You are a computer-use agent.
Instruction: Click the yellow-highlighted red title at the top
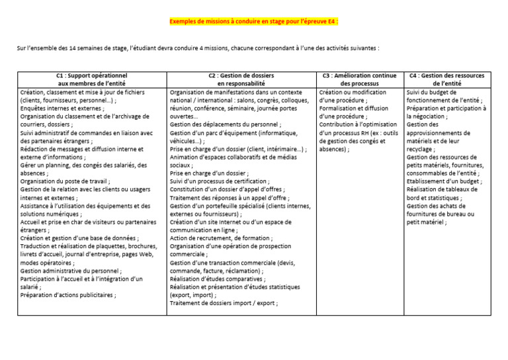(254, 21)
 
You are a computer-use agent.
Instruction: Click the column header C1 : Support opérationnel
(91, 76)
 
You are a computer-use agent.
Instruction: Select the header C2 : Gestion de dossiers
(241, 76)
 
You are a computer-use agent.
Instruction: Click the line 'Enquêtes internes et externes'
(62, 108)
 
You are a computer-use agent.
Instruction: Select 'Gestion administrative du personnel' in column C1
(70, 271)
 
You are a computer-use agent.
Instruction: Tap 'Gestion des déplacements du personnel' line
(224, 124)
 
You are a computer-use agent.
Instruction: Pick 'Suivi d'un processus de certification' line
(219, 181)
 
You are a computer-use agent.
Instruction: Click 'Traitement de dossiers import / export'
(223, 303)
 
